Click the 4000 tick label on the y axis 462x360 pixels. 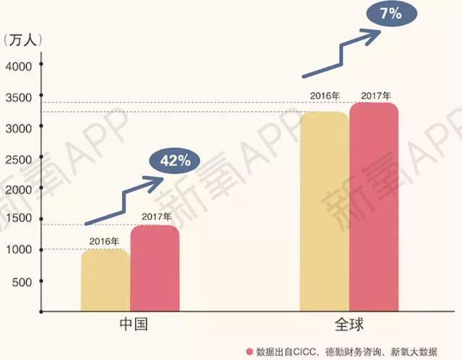click(18, 66)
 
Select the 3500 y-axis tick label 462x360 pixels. click(18, 97)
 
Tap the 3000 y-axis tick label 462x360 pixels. click(18, 128)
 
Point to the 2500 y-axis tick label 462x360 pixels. click(18, 158)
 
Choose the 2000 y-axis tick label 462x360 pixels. click(18, 189)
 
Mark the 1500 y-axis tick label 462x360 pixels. click(18, 219)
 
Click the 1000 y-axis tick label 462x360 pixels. click(18, 250)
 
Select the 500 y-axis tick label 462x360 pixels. click(21, 281)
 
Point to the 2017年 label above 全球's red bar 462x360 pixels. click(375, 95)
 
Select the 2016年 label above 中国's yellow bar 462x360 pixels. click(105, 242)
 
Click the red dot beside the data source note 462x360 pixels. click(249, 351)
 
